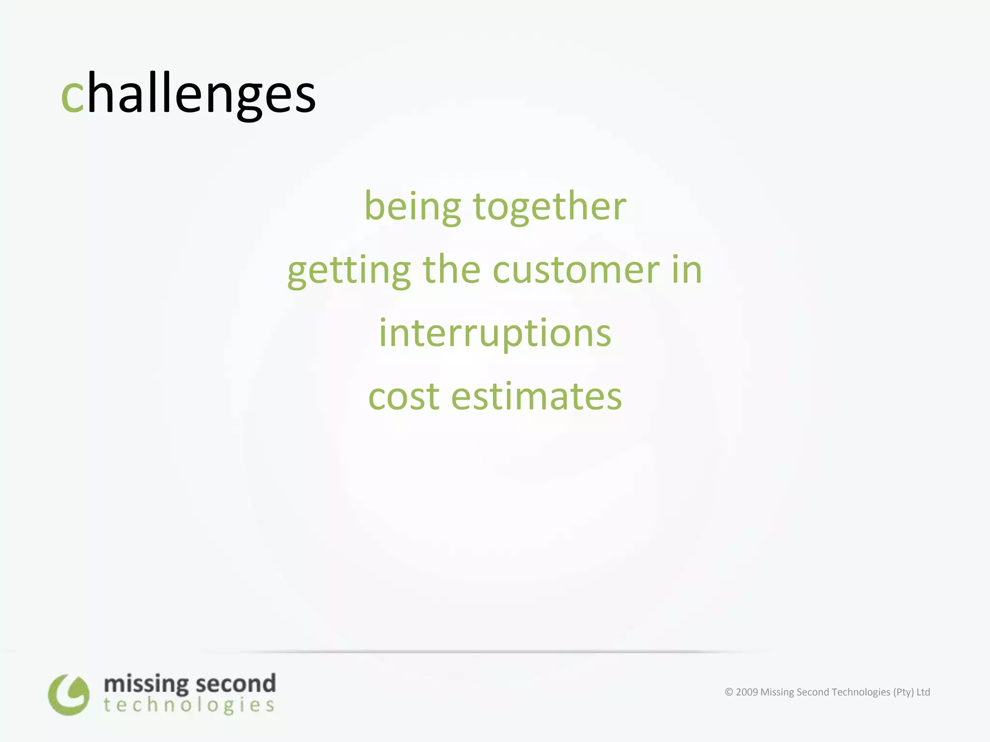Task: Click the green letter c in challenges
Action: coord(73,96)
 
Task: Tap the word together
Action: coord(550,207)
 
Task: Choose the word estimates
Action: coord(536,397)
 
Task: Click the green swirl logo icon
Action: coord(69,695)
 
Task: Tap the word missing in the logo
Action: coord(146,685)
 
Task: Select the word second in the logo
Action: coord(236,684)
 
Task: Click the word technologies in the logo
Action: coord(189,705)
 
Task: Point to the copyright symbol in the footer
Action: coord(729,692)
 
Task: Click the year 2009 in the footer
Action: coord(747,692)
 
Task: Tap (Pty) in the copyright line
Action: coord(903,692)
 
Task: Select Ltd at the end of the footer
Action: coord(923,692)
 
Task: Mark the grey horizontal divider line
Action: coord(495,652)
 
